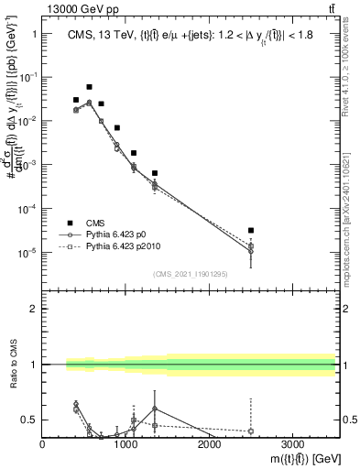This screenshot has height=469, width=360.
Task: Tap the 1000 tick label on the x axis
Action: click(x=125, y=443)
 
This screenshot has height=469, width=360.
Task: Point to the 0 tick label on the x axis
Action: click(x=43, y=443)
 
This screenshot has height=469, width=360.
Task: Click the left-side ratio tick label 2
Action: click(x=33, y=309)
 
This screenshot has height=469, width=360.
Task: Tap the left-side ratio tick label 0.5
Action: click(x=29, y=420)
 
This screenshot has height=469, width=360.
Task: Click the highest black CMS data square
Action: click(x=89, y=87)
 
